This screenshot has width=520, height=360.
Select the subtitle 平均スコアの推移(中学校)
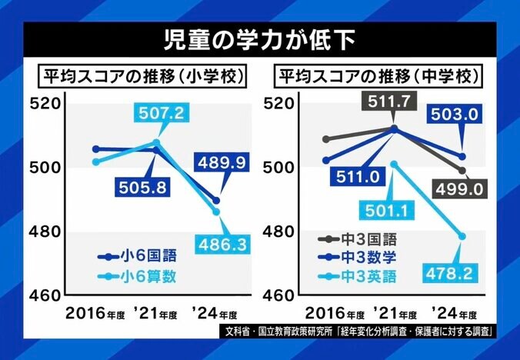[x=376, y=78]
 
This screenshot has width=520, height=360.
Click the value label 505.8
[x=139, y=187]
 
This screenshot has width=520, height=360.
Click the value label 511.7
[x=393, y=100]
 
